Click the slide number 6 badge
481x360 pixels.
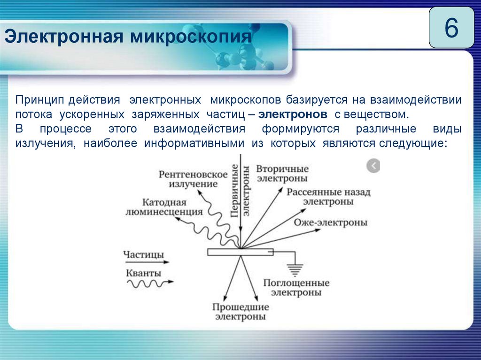click(451, 29)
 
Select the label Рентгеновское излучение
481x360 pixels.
click(193, 179)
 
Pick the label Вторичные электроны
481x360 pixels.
click(282, 173)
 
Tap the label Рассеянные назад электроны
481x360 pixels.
click(328, 196)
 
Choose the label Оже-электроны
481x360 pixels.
click(331, 222)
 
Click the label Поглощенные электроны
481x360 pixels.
click(296, 287)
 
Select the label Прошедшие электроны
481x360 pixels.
click(240, 312)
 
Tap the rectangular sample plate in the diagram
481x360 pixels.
click(240, 252)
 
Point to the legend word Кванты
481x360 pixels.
click(143, 273)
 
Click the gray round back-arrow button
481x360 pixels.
click(373, 166)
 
